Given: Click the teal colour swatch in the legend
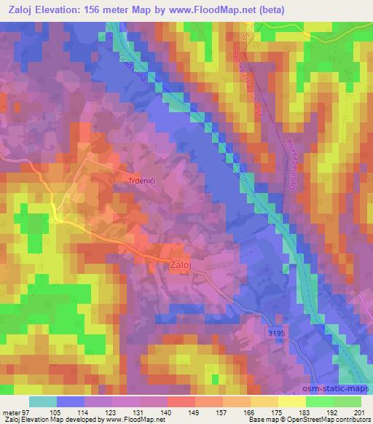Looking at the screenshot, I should click(42, 401).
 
